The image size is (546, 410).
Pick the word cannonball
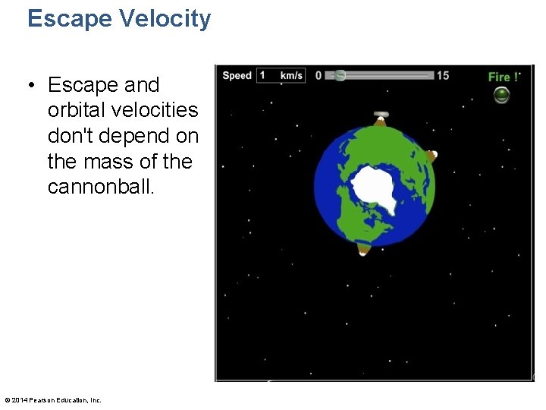coord(101,188)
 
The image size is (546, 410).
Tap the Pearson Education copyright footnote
coord(52,400)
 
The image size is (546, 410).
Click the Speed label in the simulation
coord(237,75)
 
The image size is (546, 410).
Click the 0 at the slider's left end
coord(318,75)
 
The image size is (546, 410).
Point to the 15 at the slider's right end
coord(443,75)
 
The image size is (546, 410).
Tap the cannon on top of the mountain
coord(381,114)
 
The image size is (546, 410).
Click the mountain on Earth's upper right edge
coord(431,156)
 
